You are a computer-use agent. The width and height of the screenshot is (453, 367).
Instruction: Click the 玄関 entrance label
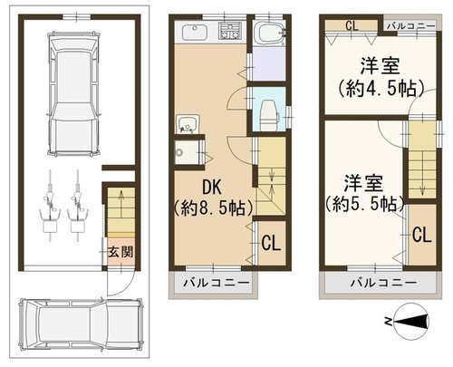[x=120, y=252]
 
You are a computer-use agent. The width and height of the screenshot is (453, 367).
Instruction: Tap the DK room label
[x=212, y=187]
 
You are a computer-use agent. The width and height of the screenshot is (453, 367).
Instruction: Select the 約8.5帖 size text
[x=213, y=208]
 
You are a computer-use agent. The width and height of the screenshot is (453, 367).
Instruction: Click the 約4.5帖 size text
[x=381, y=88]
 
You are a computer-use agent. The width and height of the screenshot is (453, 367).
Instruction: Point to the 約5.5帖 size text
[x=364, y=204]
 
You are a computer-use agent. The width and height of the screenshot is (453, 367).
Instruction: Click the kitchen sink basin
[x=194, y=32]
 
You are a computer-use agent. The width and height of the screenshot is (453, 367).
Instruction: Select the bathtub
[x=269, y=34]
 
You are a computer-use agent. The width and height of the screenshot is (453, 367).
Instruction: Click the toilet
[x=269, y=111]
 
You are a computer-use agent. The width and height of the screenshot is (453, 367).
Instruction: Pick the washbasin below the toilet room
[x=188, y=123]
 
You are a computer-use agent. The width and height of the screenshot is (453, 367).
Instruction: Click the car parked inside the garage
[x=74, y=93]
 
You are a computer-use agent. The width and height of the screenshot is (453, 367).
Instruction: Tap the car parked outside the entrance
[x=81, y=324]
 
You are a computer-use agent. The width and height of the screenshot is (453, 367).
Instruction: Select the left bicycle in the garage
[x=50, y=206]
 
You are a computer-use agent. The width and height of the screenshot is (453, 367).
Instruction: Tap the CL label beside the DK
[x=271, y=243]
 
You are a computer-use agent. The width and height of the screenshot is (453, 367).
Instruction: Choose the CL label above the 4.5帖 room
[x=352, y=25]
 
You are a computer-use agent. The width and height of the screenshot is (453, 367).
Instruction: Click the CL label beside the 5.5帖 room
[x=422, y=235]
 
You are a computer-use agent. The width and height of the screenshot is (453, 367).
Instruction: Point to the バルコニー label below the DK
[x=217, y=283]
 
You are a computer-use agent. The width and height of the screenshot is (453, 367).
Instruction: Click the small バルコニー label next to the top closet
[x=410, y=26]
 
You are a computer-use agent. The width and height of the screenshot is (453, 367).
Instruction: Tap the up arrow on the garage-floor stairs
[x=121, y=203]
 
